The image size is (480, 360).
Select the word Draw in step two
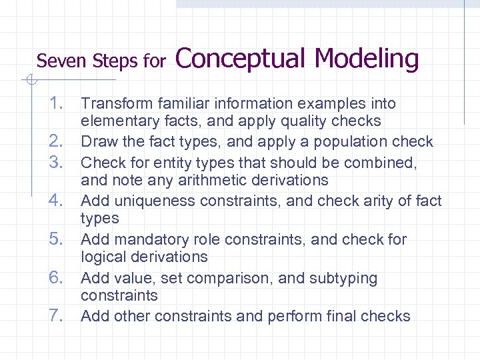coord(97,142)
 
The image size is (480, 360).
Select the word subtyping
coord(345,278)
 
